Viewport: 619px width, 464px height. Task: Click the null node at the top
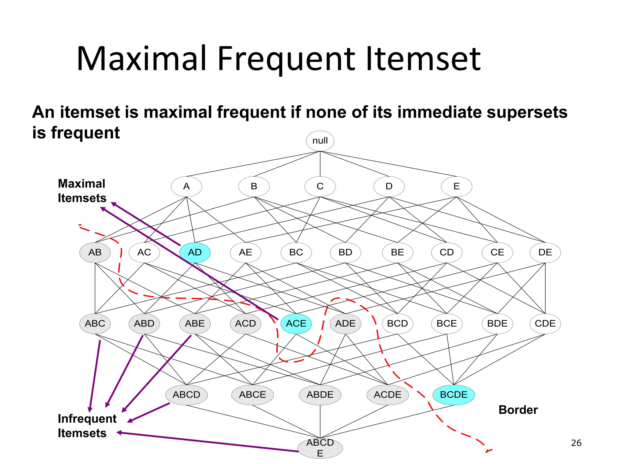pos(320,141)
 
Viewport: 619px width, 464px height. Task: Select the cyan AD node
pos(195,252)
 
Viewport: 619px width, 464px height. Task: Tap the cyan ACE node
pos(296,324)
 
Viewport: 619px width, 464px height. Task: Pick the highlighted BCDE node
pos(453,395)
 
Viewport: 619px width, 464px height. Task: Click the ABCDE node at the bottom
pos(320,448)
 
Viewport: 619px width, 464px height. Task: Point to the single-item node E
pos(456,186)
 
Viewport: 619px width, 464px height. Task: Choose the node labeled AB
pos(95,252)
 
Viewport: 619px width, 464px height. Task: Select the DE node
pos(545,252)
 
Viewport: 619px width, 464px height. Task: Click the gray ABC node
pos(95,324)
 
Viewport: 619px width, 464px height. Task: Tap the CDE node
pos(545,324)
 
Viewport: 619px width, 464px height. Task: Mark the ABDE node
pos(320,395)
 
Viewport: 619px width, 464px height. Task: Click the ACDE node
pos(387,395)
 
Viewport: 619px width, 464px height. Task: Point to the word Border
pos(518,410)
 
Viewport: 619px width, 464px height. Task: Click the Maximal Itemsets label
pos(82,191)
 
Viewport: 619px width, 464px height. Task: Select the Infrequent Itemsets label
pos(87,426)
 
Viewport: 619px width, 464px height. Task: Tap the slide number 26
pos(576,443)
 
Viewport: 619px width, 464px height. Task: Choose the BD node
pos(345,252)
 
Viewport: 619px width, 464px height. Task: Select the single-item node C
pos(320,186)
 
